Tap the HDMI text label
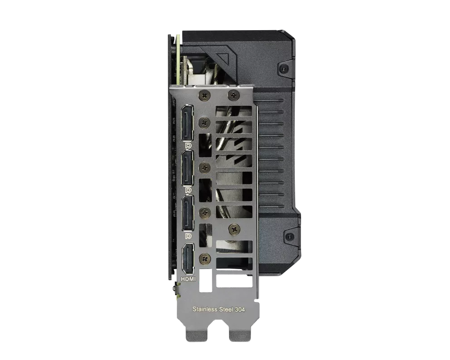tap(188, 279)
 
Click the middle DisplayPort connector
tap(187, 168)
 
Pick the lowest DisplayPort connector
tap(187, 213)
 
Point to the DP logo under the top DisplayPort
tap(189, 145)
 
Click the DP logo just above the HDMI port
tap(189, 236)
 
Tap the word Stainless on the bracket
tap(205, 309)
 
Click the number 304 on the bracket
tap(240, 310)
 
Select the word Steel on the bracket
tap(226, 309)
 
